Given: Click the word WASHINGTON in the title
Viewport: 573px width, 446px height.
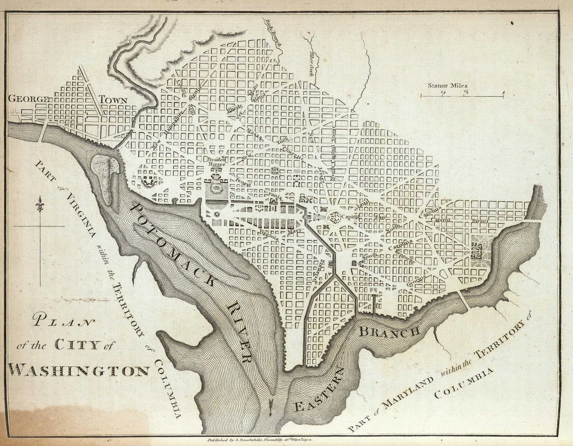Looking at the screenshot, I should point(79,370).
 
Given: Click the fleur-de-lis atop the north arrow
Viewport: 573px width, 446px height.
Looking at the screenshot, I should point(38,205).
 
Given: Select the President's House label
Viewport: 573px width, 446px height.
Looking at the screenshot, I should point(217,162).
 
